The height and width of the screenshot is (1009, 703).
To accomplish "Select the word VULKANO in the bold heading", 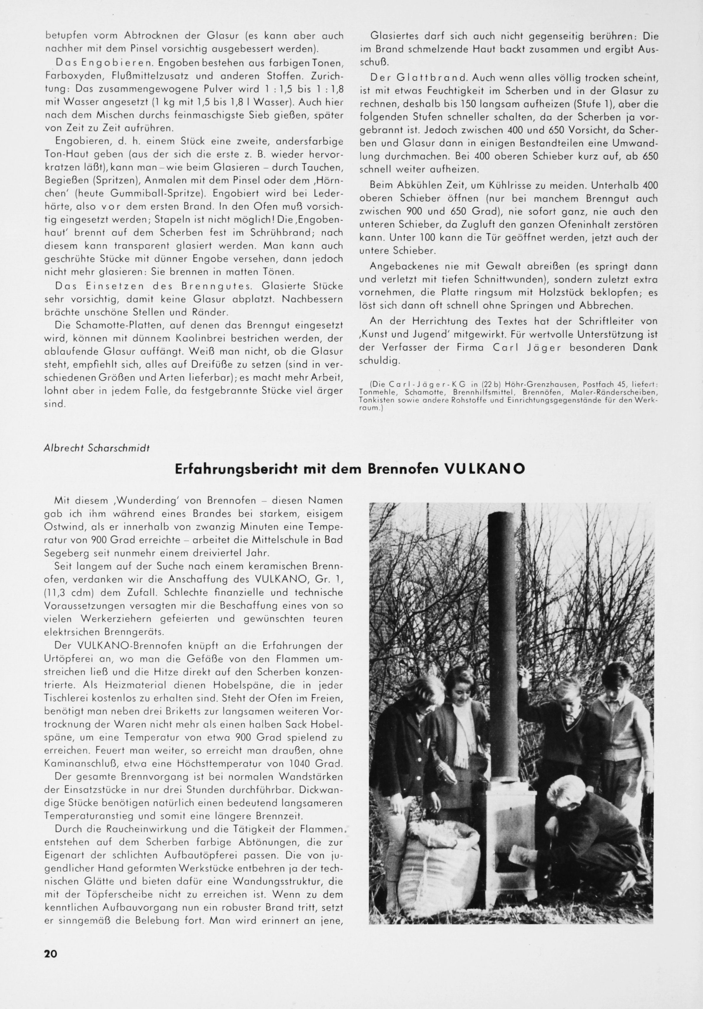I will pos(485,469).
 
